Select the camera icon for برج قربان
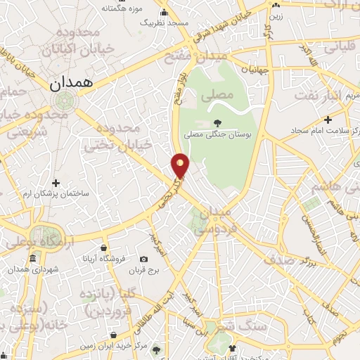[x=143, y=259]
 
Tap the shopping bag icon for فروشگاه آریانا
[x=103, y=248]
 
